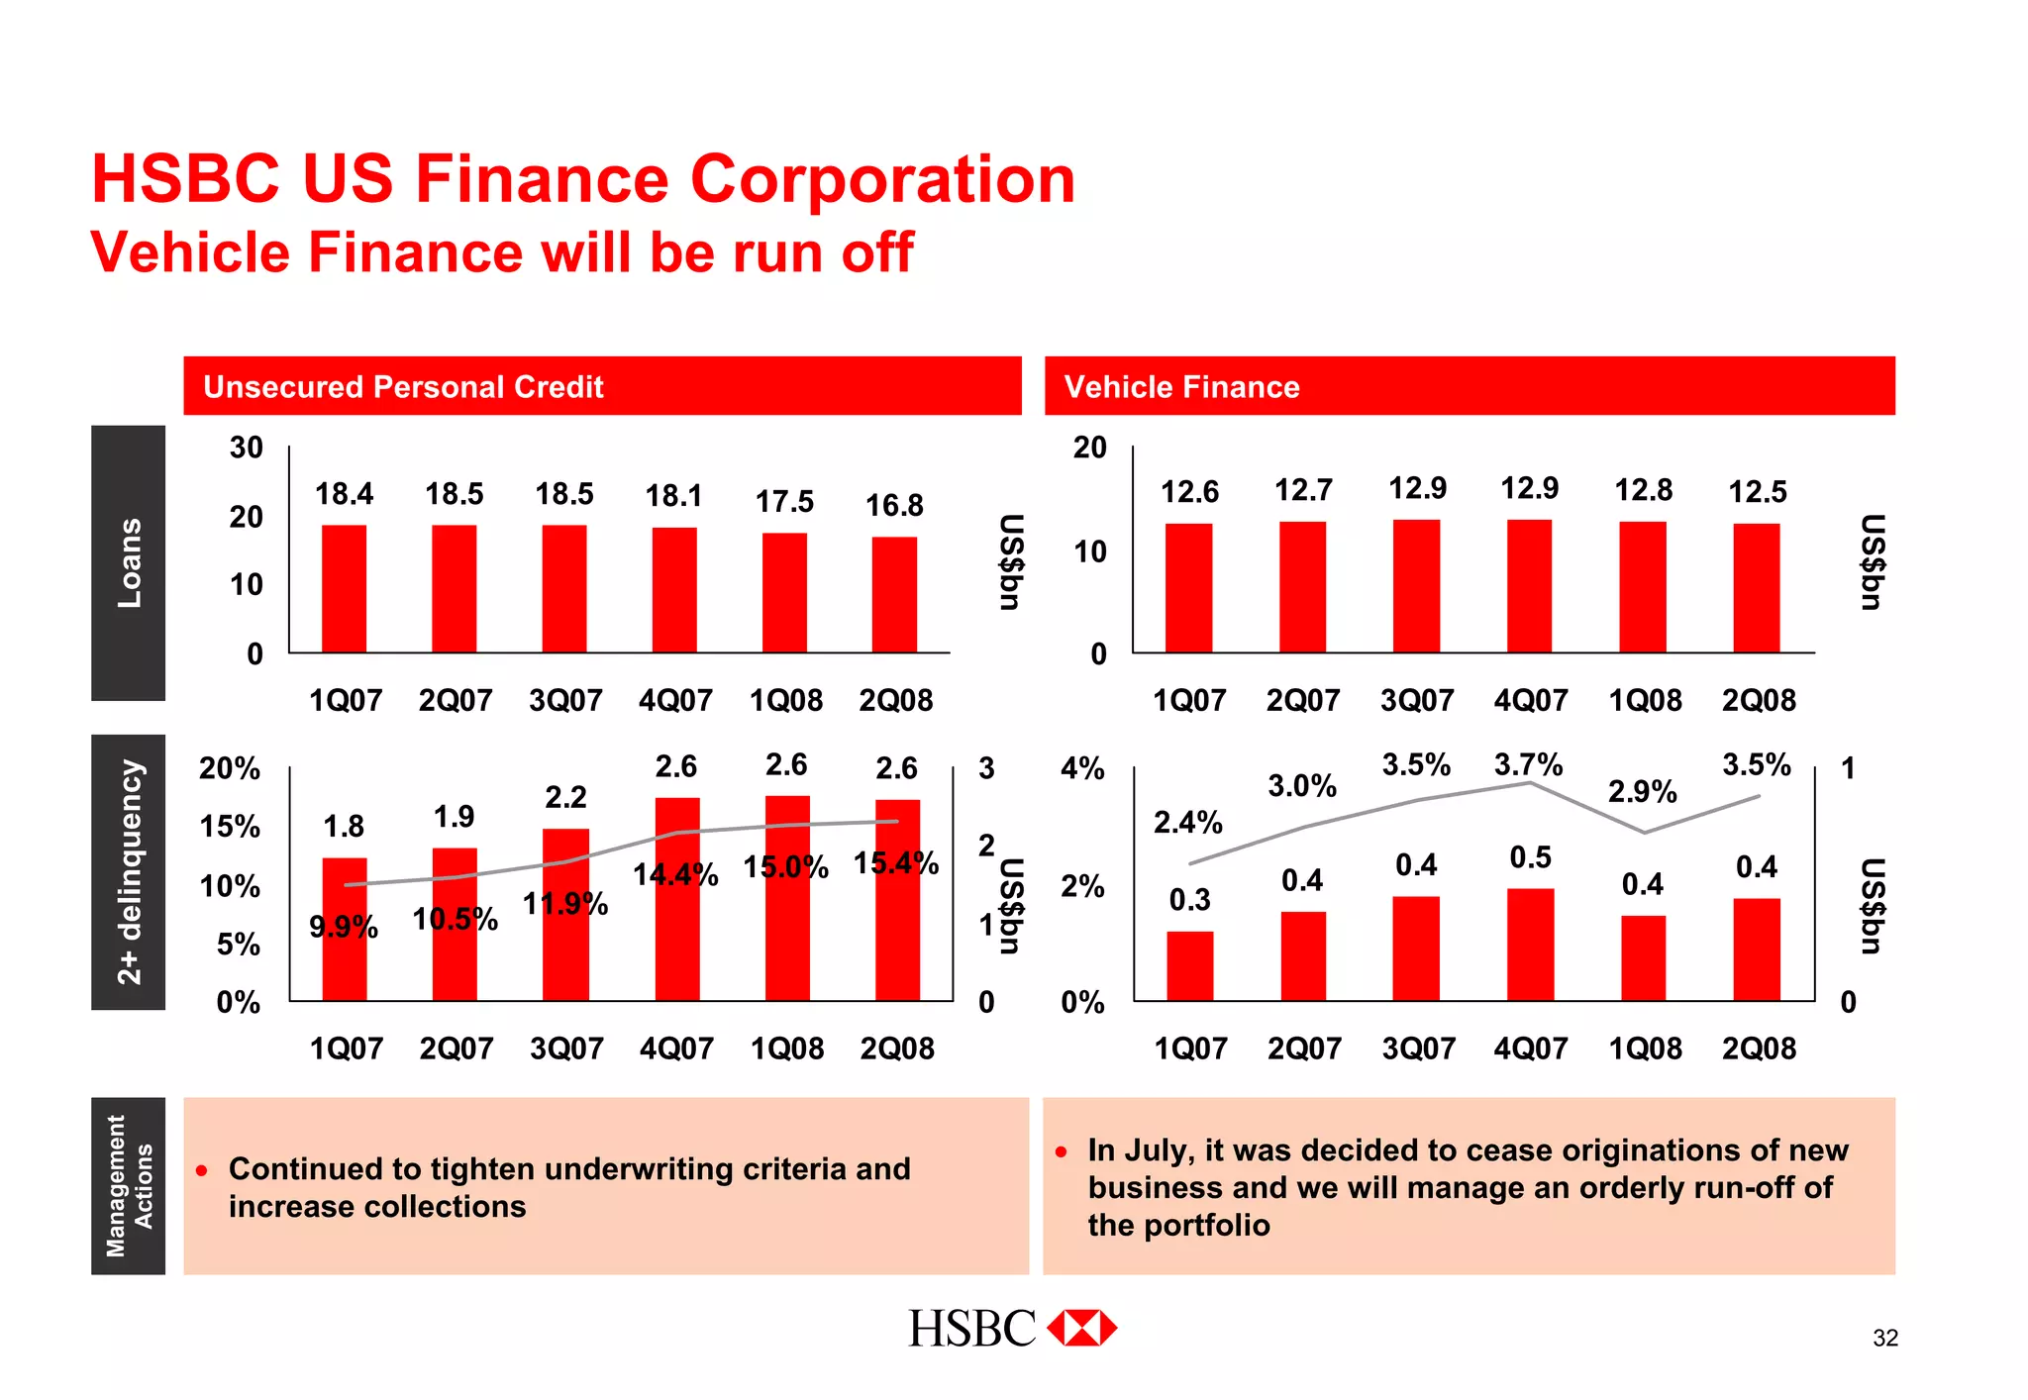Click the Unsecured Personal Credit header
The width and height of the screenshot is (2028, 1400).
(x=403, y=386)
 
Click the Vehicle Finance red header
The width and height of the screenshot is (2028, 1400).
(x=1181, y=386)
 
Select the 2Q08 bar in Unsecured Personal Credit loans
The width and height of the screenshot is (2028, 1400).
(x=894, y=594)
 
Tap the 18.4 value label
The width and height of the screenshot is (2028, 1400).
(x=344, y=494)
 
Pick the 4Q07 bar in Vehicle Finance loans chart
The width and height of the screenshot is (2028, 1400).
(x=1530, y=585)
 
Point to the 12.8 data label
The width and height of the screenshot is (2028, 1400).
(x=1644, y=490)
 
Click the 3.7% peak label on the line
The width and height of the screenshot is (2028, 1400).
(x=1528, y=764)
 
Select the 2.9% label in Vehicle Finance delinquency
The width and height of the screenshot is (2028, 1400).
(x=1642, y=792)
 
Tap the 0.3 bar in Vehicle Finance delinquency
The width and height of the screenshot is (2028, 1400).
(x=1189, y=965)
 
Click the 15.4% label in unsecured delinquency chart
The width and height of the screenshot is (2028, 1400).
(x=896, y=863)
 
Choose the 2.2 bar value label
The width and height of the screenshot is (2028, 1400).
(x=565, y=797)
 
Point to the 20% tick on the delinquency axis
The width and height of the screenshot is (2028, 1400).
(x=230, y=768)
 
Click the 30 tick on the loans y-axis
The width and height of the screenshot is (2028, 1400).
(x=247, y=448)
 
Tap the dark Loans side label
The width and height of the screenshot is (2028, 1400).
(x=129, y=562)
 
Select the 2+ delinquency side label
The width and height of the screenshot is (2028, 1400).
(x=129, y=871)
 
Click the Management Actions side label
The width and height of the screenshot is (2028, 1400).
(x=129, y=1185)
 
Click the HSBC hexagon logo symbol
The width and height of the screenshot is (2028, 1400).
(x=1081, y=1328)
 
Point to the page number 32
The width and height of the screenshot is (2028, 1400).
(x=1884, y=1339)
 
